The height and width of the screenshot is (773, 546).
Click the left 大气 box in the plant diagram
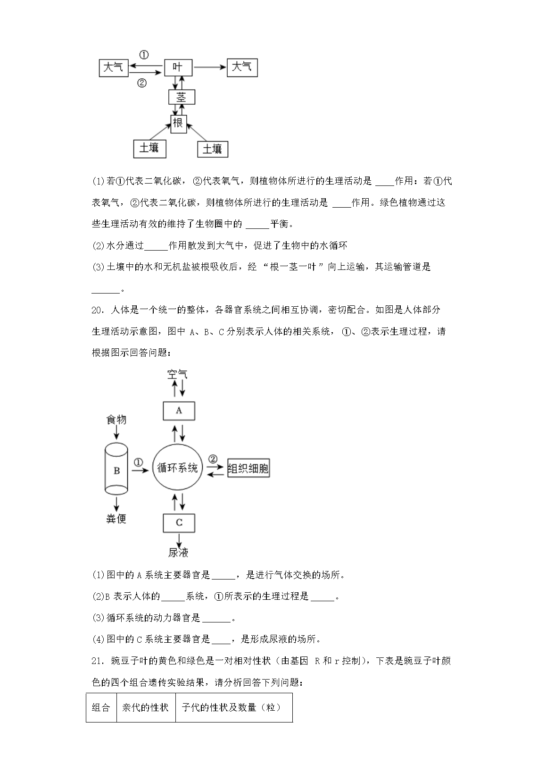click(x=114, y=67)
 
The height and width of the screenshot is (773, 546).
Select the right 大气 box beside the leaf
click(x=242, y=67)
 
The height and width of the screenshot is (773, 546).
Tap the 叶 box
click(x=178, y=67)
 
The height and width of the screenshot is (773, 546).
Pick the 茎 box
click(x=182, y=97)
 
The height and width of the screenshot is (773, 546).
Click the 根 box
click(x=178, y=124)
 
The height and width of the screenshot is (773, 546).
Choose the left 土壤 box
click(x=149, y=148)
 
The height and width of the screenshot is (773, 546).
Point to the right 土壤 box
click(x=212, y=149)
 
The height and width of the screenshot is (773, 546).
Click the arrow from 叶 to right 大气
click(x=210, y=67)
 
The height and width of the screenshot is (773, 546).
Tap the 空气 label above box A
click(x=178, y=374)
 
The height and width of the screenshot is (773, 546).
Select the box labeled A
click(x=179, y=411)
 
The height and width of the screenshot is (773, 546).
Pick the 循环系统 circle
click(x=178, y=469)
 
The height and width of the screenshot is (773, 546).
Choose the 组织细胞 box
click(x=248, y=469)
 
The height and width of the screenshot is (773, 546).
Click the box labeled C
click(x=179, y=522)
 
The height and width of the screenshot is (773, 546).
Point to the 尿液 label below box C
click(x=179, y=552)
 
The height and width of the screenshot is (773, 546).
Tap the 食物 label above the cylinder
click(x=116, y=420)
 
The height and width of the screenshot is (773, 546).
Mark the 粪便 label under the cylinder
click(x=116, y=519)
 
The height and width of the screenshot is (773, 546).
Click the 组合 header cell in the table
click(x=101, y=707)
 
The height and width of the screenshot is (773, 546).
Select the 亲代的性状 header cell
click(x=146, y=707)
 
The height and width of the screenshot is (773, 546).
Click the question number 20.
click(x=97, y=310)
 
